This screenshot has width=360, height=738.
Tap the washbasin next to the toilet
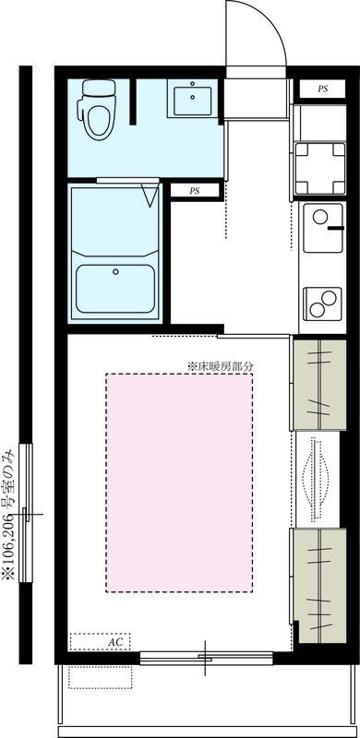pyautogui.click(x=192, y=100)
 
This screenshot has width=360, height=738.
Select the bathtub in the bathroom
pyautogui.click(x=115, y=288)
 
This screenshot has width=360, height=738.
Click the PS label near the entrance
pyautogui.click(x=322, y=89)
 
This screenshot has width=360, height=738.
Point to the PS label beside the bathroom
pyautogui.click(x=195, y=191)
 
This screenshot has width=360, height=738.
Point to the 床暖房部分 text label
pyautogui.click(x=220, y=365)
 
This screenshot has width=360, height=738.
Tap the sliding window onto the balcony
pyautogui.click(x=205, y=658)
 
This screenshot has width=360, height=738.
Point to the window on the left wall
pyautogui.click(x=30, y=511)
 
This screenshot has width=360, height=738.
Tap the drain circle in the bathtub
pyautogui.click(x=115, y=271)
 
